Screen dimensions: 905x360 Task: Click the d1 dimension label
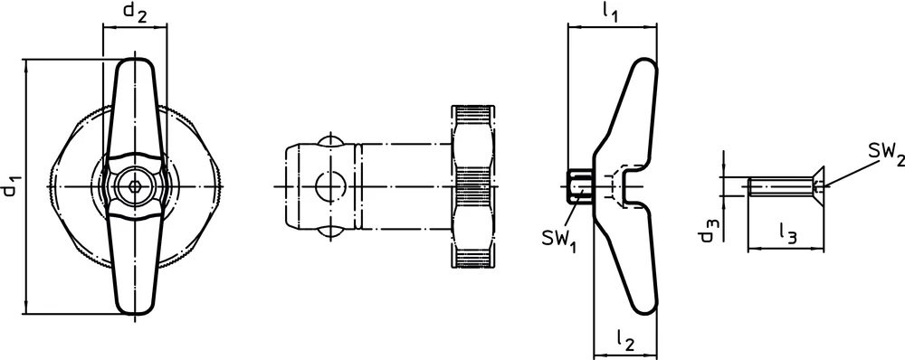pos(13,184)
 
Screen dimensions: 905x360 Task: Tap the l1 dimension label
pos(610,13)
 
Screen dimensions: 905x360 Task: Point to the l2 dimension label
pos(624,340)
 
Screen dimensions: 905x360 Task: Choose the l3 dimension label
pos(787,232)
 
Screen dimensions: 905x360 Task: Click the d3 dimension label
pos(707,229)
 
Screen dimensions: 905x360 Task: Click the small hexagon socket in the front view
pos(135,186)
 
